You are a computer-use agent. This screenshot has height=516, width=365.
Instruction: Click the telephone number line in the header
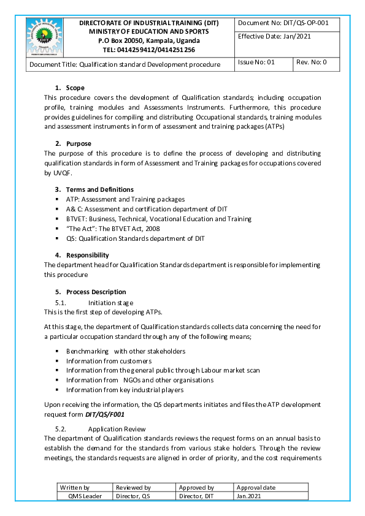[x=149, y=50]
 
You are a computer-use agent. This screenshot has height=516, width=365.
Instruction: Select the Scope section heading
[x=75, y=88]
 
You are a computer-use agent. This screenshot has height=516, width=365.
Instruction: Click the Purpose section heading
[x=79, y=143]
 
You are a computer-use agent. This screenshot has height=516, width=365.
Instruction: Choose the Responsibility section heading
[x=87, y=255]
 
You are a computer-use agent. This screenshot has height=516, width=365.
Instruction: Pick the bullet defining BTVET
[x=158, y=219]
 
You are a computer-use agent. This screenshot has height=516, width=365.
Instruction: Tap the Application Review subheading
[x=117, y=429]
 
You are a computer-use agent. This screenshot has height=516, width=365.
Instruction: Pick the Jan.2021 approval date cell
[x=248, y=496]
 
